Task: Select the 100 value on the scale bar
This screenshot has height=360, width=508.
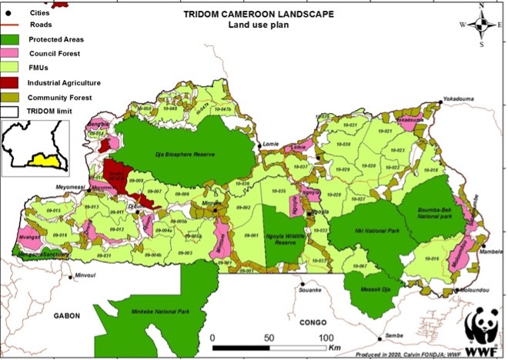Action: coord(326,338)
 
